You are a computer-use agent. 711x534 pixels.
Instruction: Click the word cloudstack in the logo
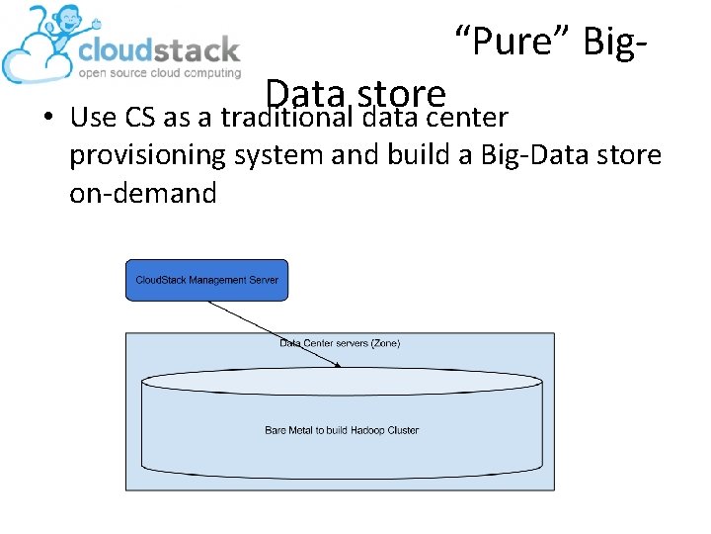pyautogui.click(x=158, y=49)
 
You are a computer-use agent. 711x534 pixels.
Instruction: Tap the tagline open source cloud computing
pyautogui.click(x=159, y=73)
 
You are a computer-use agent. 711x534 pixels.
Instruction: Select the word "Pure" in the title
pyautogui.click(x=512, y=44)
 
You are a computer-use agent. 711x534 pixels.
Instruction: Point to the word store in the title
pyautogui.click(x=402, y=95)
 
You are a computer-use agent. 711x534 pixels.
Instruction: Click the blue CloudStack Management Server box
pyautogui.click(x=206, y=280)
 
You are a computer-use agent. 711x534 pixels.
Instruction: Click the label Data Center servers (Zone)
pyautogui.click(x=340, y=343)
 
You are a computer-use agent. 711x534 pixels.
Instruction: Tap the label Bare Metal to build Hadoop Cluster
pyautogui.click(x=342, y=430)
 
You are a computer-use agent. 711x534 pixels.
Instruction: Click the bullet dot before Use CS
pyautogui.click(x=46, y=120)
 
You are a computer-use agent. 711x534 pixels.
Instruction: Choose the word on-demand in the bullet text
pyautogui.click(x=142, y=193)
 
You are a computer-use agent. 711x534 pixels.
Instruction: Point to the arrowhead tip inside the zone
pyautogui.click(x=341, y=367)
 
